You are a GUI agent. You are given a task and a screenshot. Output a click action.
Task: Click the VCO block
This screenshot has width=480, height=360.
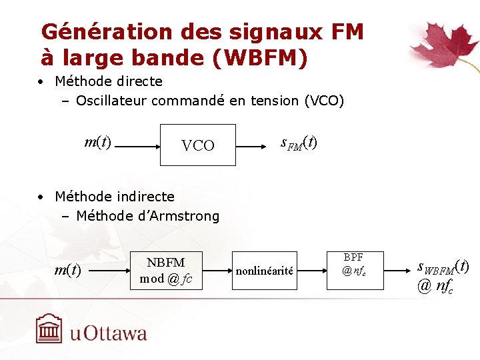coord(198,145)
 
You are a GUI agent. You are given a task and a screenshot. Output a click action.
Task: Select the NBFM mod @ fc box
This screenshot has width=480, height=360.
coord(166,270)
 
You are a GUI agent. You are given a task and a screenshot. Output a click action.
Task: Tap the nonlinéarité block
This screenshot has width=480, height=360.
coord(265,270)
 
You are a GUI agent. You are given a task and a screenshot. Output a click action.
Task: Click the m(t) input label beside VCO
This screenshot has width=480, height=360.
coord(98,142)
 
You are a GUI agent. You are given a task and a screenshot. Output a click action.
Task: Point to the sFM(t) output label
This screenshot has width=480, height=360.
coord(299,143)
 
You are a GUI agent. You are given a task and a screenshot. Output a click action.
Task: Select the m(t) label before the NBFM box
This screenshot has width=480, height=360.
coord(67,270)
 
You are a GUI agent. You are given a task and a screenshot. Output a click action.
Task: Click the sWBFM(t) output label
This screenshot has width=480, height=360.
coord(443,266)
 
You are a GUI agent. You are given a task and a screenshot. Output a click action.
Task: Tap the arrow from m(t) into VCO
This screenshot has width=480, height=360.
coord(137,145)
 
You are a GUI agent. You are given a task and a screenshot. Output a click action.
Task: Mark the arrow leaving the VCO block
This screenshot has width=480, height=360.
coord(257,145)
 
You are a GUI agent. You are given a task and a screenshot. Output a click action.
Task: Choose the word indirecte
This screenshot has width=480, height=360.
coord(143,197)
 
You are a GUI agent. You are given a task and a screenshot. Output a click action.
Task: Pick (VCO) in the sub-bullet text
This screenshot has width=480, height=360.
coord(323,101)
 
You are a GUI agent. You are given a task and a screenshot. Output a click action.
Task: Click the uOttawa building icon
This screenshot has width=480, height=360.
coord(49,329)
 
